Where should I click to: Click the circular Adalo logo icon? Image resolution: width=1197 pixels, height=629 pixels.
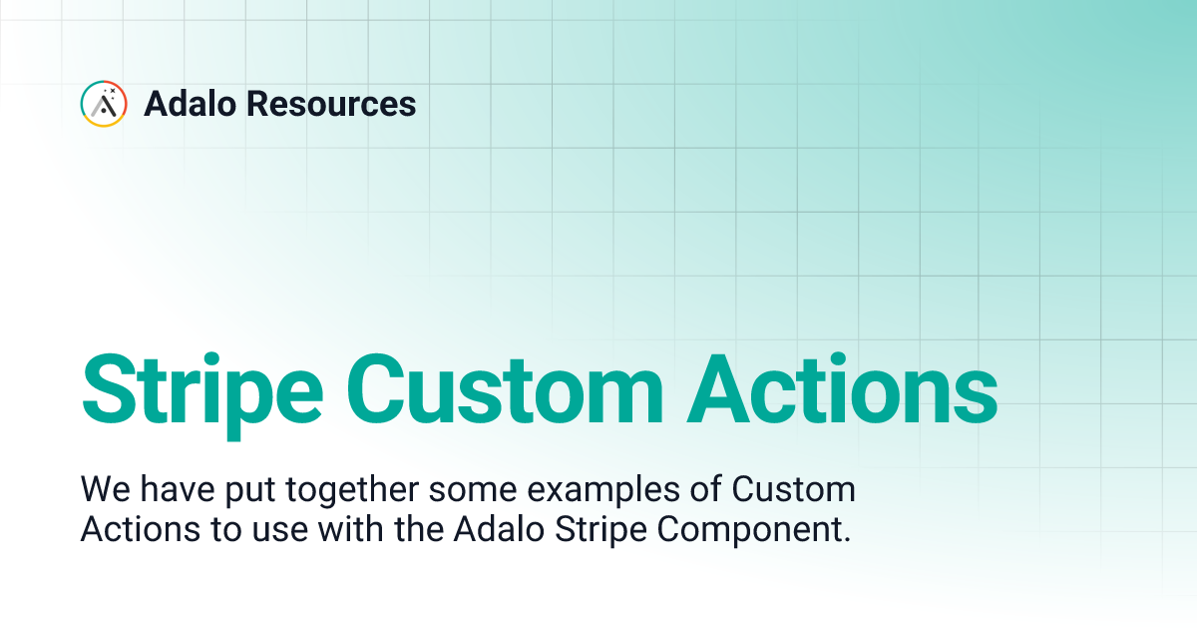pos(104,104)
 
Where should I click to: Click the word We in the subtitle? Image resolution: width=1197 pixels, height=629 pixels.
pos(102,490)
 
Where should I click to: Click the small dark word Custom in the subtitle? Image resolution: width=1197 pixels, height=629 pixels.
pos(794,490)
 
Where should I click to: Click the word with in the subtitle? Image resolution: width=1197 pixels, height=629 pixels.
pos(345,530)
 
